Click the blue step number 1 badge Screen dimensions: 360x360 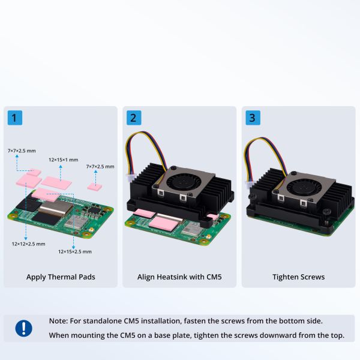pyautogui.click(x=15, y=118)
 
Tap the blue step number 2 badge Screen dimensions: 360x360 pyautogui.click(x=134, y=118)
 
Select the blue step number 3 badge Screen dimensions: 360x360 pyautogui.click(x=253, y=118)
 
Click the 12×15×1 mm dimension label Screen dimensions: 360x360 pyautogui.click(x=64, y=160)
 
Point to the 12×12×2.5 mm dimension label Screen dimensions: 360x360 pyautogui.click(x=28, y=244)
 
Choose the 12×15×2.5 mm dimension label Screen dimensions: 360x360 pyautogui.click(x=75, y=251)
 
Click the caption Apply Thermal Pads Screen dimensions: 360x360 pyautogui.click(x=61, y=277)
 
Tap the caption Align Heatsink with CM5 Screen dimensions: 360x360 pyautogui.click(x=179, y=277)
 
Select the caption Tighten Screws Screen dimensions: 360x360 pyautogui.click(x=298, y=277)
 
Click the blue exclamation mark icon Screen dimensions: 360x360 pyautogui.click(x=23, y=328)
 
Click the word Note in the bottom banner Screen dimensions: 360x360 pyautogui.click(x=58, y=321)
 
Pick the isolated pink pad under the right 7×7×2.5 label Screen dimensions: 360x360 pyautogui.click(x=95, y=187)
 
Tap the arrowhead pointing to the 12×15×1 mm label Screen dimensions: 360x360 pyautogui.click(x=61, y=166)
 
